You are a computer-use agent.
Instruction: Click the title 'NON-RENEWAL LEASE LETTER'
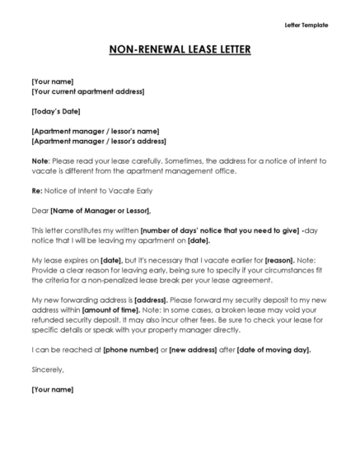(x=180, y=50)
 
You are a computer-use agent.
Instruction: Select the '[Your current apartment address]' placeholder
(x=87, y=91)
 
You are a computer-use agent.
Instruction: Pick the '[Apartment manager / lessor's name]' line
(x=95, y=131)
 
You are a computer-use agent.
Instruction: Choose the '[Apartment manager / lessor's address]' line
(x=98, y=141)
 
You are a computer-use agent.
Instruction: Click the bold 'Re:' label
(x=37, y=191)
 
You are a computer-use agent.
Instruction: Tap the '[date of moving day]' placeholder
(x=274, y=350)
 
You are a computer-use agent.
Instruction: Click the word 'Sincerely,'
(x=47, y=370)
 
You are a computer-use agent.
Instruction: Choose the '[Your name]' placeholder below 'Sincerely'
(x=52, y=388)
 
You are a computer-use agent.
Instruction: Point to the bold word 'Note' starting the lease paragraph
(x=40, y=161)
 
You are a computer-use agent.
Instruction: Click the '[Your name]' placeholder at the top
(x=52, y=81)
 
